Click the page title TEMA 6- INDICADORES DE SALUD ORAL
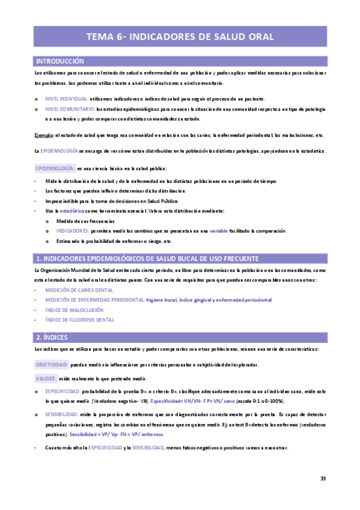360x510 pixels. pos(180,37)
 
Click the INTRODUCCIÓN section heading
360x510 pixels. pos(60,61)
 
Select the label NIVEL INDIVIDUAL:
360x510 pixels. pos(66,99)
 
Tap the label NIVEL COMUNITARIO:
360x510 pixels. pos(70,109)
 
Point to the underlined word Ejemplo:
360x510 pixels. pos(43,135)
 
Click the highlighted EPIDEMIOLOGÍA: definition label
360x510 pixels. pos(55,168)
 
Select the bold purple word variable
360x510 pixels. pos(218,231)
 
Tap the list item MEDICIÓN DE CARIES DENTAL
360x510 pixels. pos(79,290)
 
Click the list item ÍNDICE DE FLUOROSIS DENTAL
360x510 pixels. pos(79,320)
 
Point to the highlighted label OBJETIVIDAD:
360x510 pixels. pos(52,364)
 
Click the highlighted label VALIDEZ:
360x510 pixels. pos(45,378)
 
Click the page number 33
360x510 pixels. pos(323,479)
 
